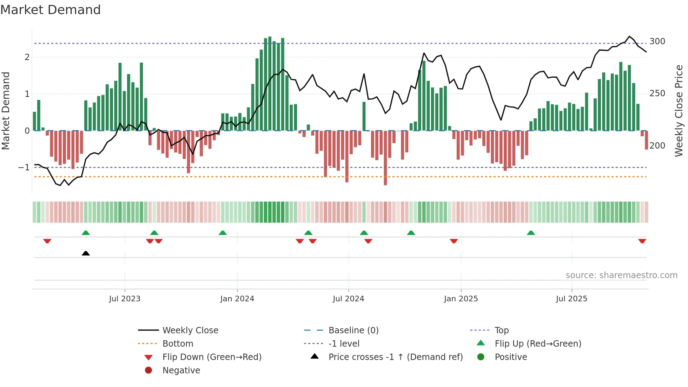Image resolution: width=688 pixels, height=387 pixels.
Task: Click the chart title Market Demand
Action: pos(51,10)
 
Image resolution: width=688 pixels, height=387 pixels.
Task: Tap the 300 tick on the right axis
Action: pos(657,41)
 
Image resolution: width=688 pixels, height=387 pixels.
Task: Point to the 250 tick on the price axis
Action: pos(657,93)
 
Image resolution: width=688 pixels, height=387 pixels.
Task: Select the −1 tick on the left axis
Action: pos(24,168)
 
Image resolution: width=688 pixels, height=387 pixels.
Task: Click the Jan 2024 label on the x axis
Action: pos(237,299)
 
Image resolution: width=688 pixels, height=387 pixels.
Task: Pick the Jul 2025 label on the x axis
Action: pos(571,299)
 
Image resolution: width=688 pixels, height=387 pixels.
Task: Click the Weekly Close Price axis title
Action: pos(679,111)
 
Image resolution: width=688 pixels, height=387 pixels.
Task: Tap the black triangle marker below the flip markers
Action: pos(86,253)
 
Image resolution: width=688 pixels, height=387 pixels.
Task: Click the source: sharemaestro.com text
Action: pos(621,275)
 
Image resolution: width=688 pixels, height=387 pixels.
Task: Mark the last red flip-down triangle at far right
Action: pos(642,241)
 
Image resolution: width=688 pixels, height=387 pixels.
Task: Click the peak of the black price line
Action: pos(629,37)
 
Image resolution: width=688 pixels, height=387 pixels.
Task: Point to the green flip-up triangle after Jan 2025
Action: pos(531,233)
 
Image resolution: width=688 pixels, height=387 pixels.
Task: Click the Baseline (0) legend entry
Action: pos(353,330)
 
